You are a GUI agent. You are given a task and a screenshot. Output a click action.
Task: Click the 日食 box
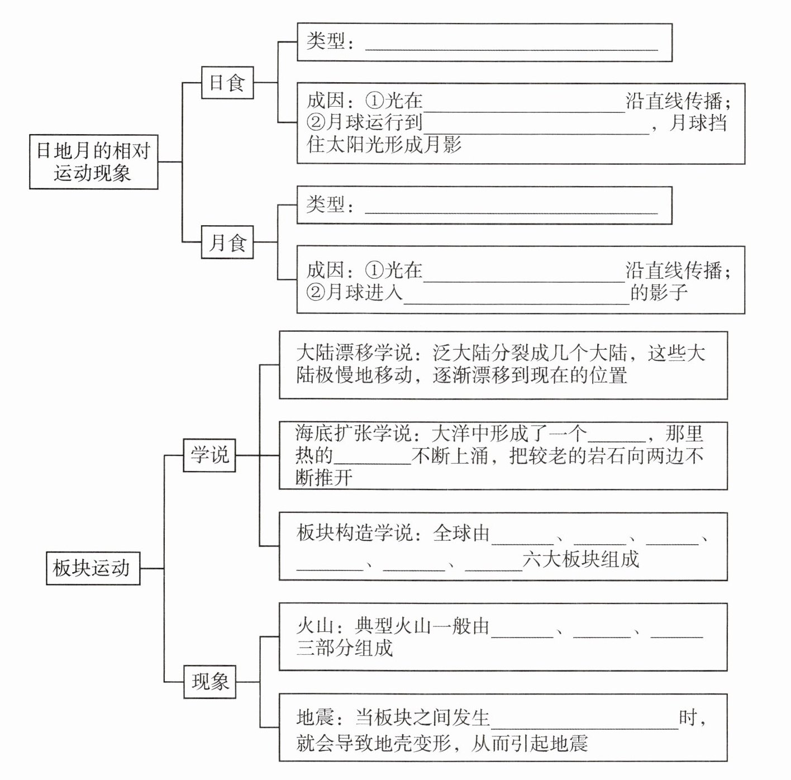click(227, 83)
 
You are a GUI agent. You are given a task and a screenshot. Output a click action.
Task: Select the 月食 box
click(227, 242)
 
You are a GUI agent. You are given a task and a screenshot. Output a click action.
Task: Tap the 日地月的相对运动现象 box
click(93, 161)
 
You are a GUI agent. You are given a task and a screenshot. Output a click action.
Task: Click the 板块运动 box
click(92, 568)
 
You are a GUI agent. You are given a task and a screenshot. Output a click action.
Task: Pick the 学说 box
click(209, 455)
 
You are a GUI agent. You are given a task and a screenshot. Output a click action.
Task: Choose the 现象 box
click(209, 682)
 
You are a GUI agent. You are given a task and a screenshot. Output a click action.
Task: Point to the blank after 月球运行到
click(536, 126)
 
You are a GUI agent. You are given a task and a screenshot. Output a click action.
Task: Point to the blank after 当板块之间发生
click(584, 721)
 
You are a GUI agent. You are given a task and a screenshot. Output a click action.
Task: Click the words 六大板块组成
click(581, 559)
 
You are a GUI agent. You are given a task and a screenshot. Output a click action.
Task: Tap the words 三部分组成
click(345, 648)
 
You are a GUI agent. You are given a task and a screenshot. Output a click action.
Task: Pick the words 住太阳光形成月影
click(384, 145)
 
